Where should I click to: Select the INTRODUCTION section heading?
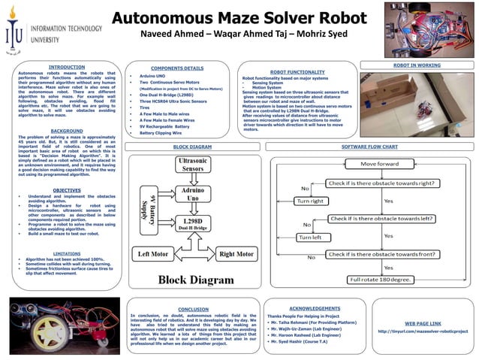[x=67, y=67]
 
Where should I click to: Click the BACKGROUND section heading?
[x=67, y=131]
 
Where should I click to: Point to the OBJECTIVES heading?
[x=67, y=191]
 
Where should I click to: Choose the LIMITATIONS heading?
[x=67, y=253]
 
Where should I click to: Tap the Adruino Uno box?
[x=197, y=195]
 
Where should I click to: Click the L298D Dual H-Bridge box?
[x=197, y=223]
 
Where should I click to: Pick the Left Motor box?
[x=154, y=254]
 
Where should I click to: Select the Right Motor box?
[x=236, y=254]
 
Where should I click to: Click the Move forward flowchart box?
[x=380, y=163]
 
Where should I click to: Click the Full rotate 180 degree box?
[x=380, y=280]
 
